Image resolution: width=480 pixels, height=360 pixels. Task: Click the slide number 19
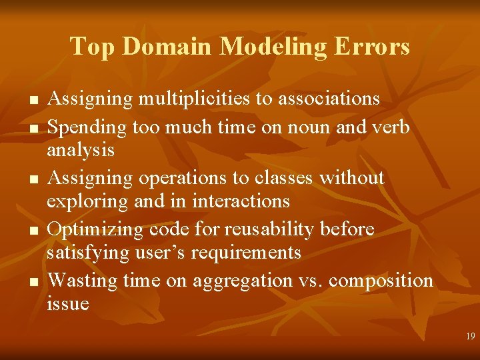471,337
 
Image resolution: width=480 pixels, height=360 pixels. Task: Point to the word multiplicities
195,99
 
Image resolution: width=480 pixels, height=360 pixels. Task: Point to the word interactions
242,201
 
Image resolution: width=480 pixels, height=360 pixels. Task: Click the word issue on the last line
67,304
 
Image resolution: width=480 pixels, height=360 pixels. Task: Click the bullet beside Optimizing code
31,231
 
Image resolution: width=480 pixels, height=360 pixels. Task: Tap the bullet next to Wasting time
31,282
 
